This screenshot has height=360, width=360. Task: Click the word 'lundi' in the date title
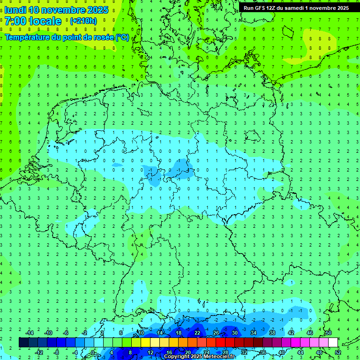point(15,10)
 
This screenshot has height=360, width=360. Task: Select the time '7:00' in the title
point(15,21)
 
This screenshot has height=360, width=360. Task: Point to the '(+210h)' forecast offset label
point(83,21)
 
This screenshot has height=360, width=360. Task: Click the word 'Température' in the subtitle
point(27,37)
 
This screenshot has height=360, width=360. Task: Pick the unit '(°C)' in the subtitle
point(122,37)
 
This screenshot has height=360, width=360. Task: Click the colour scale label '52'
point(337,352)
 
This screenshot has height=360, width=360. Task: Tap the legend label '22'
point(197,333)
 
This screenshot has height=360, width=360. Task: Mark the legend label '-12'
point(39,352)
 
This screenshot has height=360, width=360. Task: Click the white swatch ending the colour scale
point(333,343)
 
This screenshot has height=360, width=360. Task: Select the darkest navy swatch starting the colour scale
point(23,343)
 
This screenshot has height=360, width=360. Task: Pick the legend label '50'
point(328,333)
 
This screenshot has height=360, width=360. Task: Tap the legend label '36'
point(262,352)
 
